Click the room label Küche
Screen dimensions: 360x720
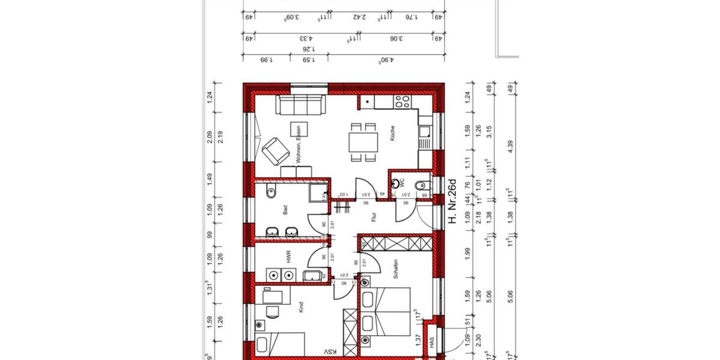point(392,133)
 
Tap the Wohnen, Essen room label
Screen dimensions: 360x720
point(298,143)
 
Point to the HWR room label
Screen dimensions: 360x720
point(289,257)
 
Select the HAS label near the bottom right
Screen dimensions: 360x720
point(431,342)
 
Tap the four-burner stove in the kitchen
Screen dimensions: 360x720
point(401,102)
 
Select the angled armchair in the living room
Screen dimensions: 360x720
point(274,150)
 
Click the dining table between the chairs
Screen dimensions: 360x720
point(364,143)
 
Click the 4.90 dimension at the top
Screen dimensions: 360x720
point(384,59)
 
